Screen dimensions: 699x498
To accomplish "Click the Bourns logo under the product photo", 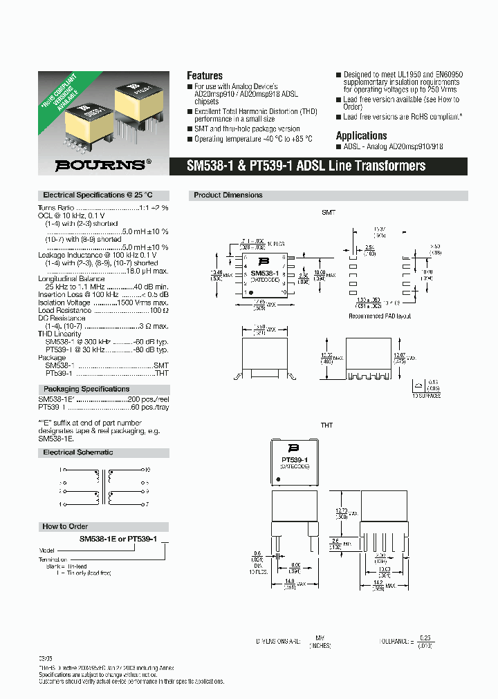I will pos(103,165).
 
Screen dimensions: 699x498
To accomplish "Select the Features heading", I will pos(205,75).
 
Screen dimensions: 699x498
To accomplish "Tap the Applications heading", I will pos(361,135).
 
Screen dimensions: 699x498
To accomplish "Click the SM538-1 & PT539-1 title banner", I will pos(306,166).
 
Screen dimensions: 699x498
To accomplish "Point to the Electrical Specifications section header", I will pos(97,195).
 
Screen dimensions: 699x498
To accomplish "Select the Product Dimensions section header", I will pos(228,195).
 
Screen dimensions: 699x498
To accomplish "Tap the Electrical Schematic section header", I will pos(78,452).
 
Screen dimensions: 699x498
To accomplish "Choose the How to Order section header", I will pos(65,526).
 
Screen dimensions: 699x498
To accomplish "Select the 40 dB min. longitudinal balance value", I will pos(151,286).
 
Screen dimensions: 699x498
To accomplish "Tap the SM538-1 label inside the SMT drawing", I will pos(264,274).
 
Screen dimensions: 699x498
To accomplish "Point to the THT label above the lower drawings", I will pos(327,425).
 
